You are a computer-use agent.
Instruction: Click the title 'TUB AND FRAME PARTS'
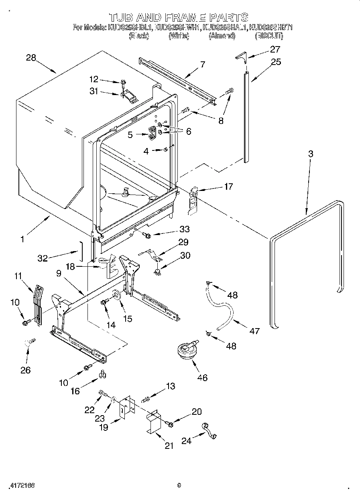[x=179, y=17]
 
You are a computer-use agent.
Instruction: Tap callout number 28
[x=31, y=58]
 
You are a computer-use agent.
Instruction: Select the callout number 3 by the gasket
[x=311, y=154]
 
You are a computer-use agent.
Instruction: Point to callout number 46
[x=203, y=377]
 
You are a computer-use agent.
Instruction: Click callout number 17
[x=228, y=186]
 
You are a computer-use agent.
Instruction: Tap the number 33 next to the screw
[x=185, y=230]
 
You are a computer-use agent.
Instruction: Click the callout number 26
[x=25, y=370]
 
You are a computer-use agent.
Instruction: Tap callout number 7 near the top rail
[x=203, y=64]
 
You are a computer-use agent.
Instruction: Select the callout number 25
[x=276, y=62]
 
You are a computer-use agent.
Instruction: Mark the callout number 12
[x=94, y=79]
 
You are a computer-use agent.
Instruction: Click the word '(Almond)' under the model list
[x=222, y=36]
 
